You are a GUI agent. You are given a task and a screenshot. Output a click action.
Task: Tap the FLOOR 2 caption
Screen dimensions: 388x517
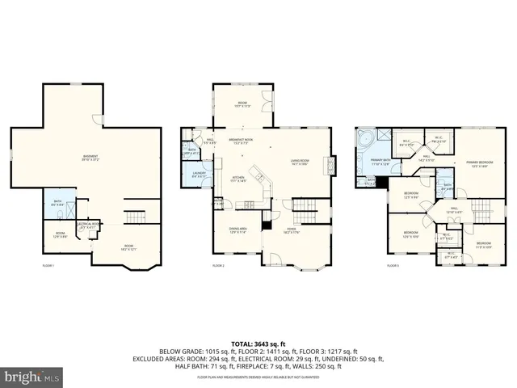tap(219, 265)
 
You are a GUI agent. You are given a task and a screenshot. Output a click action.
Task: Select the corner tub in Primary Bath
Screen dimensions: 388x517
tap(365, 139)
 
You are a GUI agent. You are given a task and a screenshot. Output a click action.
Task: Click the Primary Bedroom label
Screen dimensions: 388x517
tap(479, 165)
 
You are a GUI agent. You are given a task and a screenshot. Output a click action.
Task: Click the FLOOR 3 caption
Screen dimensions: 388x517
tap(393, 265)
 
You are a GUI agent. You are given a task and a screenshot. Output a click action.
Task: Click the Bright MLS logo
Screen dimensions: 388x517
tap(32, 377)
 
